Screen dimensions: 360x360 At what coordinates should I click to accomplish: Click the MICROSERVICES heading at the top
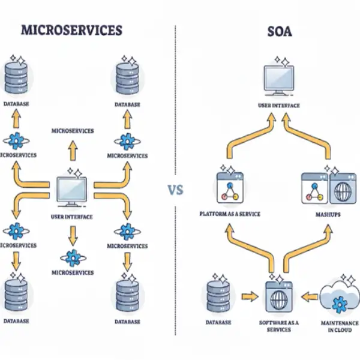tap(72, 30)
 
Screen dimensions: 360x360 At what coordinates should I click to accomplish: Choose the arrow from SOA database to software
tap(247, 296)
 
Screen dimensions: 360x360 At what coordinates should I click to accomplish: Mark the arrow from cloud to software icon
tap(309, 296)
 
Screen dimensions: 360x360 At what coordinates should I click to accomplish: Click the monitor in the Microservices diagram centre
tap(72, 191)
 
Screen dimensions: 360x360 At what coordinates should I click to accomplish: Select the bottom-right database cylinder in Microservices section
tap(127, 294)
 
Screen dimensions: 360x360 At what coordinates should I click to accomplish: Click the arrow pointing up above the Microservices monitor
tap(73, 149)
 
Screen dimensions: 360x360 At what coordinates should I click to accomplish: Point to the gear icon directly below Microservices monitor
tap(72, 258)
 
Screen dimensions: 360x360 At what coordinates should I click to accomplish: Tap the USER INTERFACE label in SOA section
tap(278, 106)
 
